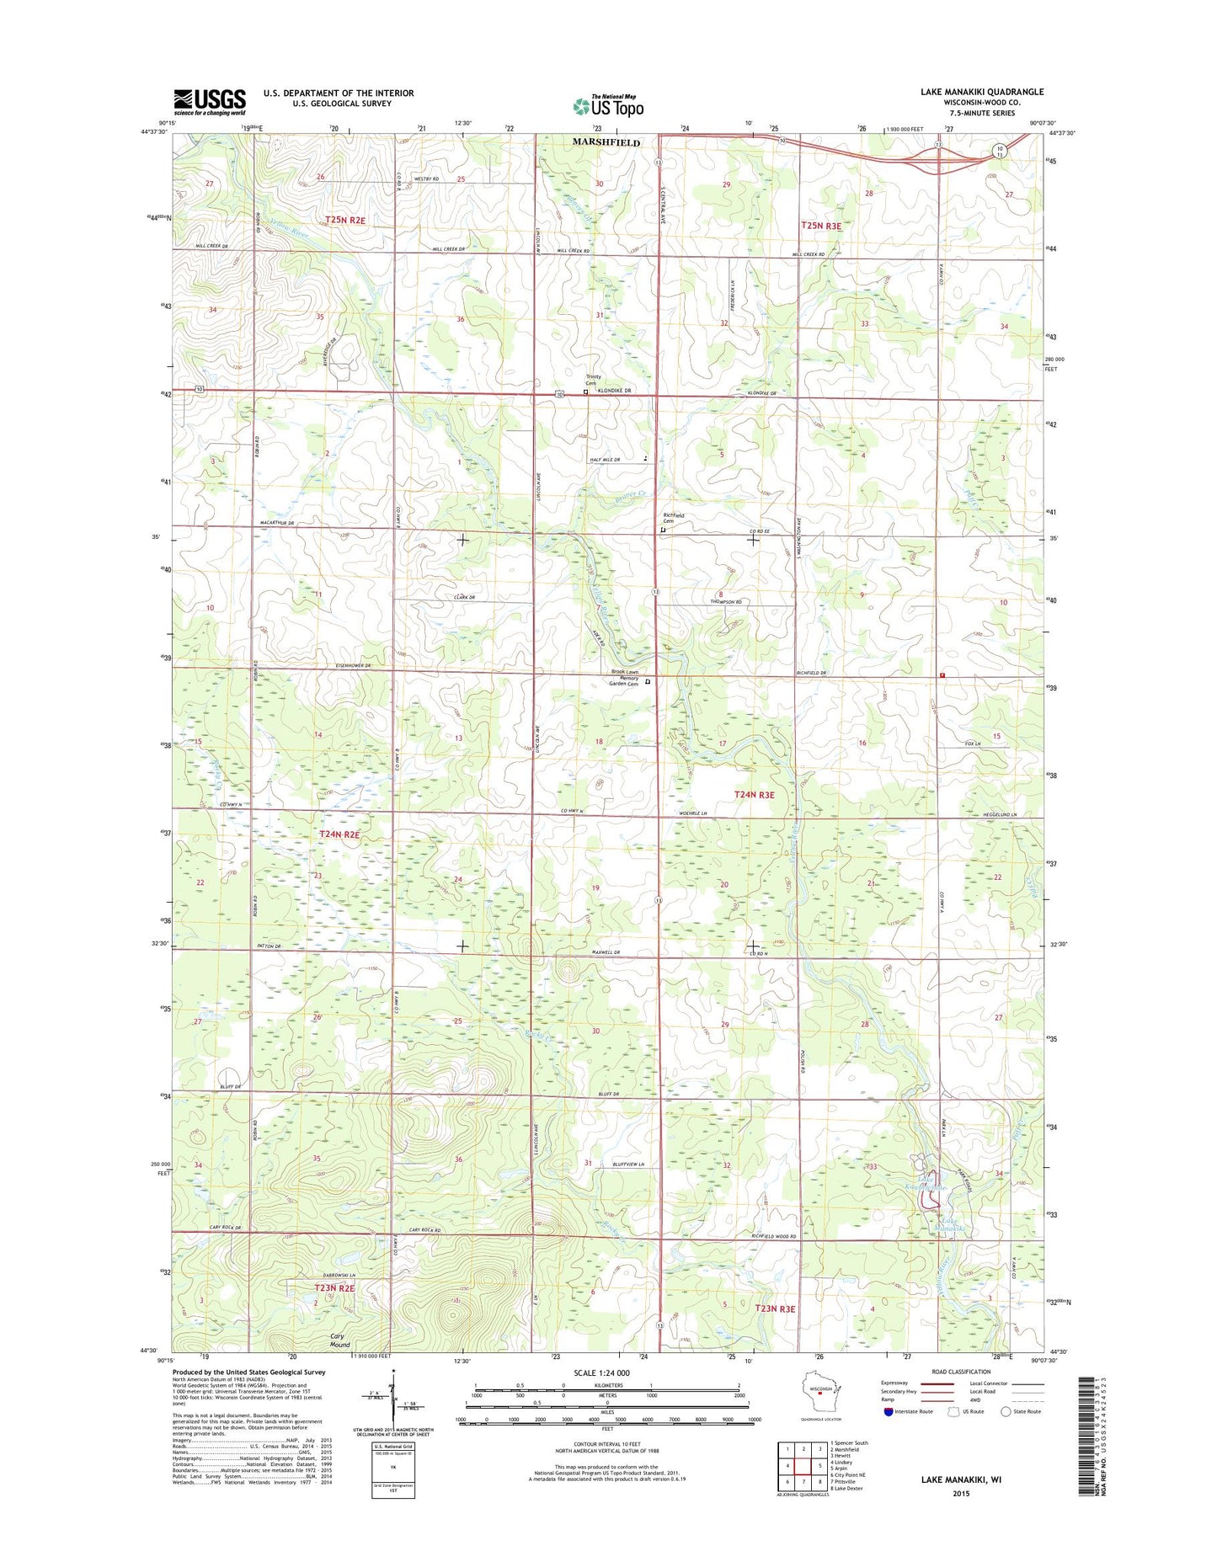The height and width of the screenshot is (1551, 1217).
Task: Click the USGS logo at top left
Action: click(x=210, y=102)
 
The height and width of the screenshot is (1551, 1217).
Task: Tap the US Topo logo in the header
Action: click(x=608, y=105)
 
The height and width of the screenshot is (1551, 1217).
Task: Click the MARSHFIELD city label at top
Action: click(x=606, y=142)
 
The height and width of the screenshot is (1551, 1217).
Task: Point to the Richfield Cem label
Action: click(x=674, y=519)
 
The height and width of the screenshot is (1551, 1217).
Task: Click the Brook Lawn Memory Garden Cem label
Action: click(x=624, y=678)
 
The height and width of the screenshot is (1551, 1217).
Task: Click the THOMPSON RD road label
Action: click(x=726, y=603)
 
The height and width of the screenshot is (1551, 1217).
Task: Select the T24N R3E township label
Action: click(x=754, y=794)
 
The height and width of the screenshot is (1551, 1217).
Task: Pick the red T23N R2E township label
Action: click(x=334, y=1288)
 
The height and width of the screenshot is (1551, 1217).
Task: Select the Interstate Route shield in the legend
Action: click(x=889, y=1411)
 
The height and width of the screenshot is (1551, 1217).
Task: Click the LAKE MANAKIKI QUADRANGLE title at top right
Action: click(x=981, y=92)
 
